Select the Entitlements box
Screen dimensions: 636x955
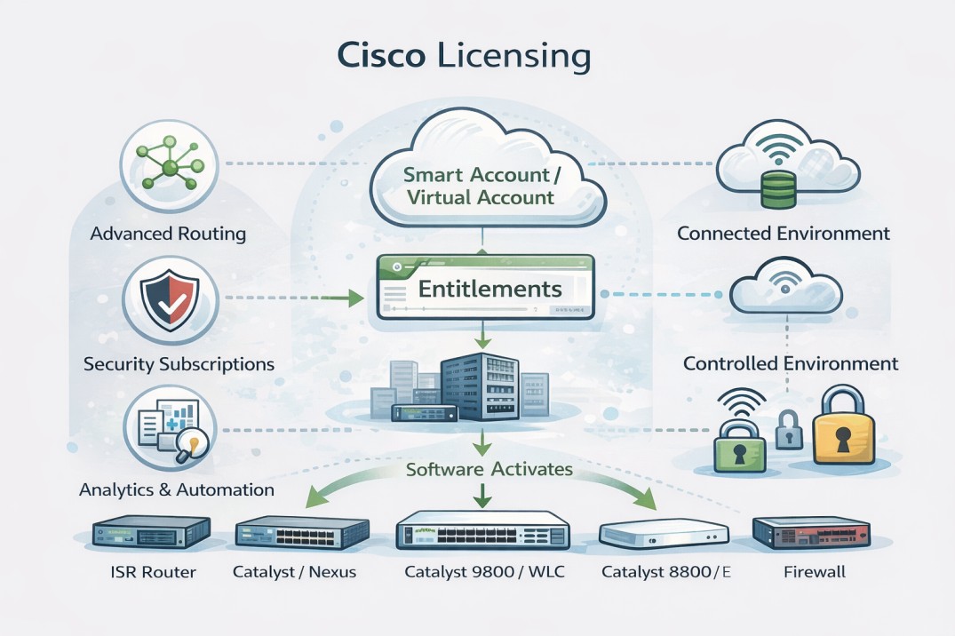click(486, 288)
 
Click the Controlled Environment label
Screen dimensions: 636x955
click(790, 363)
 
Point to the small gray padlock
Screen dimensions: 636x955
click(788, 430)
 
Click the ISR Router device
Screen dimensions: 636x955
click(152, 533)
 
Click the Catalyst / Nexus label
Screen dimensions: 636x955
click(294, 572)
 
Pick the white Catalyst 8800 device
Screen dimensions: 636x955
click(664, 534)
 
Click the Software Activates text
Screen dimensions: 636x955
click(489, 469)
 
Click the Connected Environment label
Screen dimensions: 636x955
click(783, 234)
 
